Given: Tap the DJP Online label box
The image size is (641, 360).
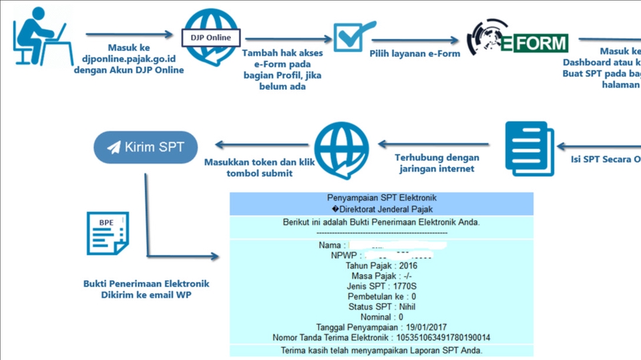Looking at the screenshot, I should pos(210,37).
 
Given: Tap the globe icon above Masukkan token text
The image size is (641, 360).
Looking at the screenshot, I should pos(342,150).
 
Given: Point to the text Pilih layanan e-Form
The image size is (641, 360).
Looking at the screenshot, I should pos(415,53).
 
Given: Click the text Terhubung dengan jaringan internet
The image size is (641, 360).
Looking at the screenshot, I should pos(437,163).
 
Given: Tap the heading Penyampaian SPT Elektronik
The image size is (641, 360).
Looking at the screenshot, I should pos(381,198).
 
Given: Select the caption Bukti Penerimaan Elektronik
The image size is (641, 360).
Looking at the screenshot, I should pos(146,284).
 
